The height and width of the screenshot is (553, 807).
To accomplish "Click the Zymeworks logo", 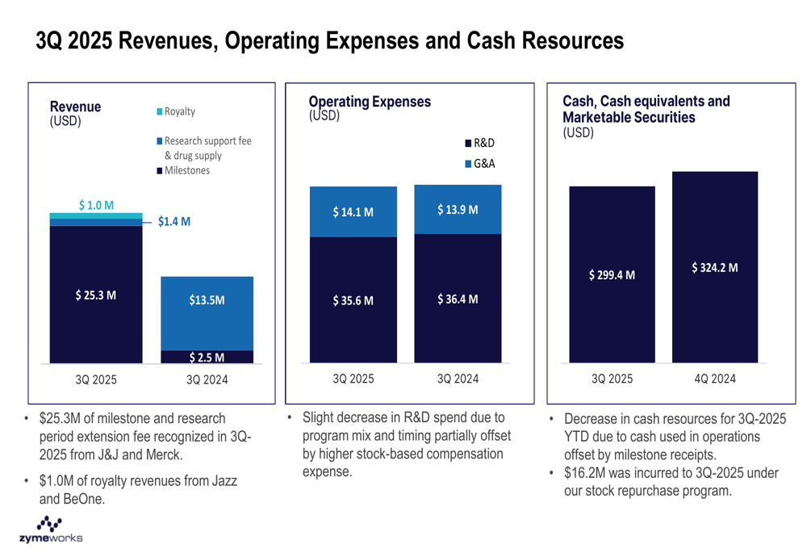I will [49, 530].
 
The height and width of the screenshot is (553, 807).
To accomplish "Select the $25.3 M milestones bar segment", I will [96, 295].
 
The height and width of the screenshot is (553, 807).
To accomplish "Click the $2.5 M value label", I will [207, 357].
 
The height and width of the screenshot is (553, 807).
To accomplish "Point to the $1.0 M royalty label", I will [96, 205].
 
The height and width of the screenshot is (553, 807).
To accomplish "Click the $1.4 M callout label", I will [174, 220].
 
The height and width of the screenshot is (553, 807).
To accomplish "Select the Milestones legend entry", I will [182, 170].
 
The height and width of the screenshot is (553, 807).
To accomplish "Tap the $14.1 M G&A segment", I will [353, 212].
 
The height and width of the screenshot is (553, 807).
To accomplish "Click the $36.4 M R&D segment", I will [458, 299].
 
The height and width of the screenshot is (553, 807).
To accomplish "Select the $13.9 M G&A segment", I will [458, 210].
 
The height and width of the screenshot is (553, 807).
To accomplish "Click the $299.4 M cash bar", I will [612, 274].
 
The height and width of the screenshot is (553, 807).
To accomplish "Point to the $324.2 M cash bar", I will [714, 267].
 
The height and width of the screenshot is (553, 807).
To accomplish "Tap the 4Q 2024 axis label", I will [714, 379].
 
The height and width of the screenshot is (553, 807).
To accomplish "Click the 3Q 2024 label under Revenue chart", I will [207, 379].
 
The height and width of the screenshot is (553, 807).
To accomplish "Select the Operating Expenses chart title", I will [370, 102].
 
